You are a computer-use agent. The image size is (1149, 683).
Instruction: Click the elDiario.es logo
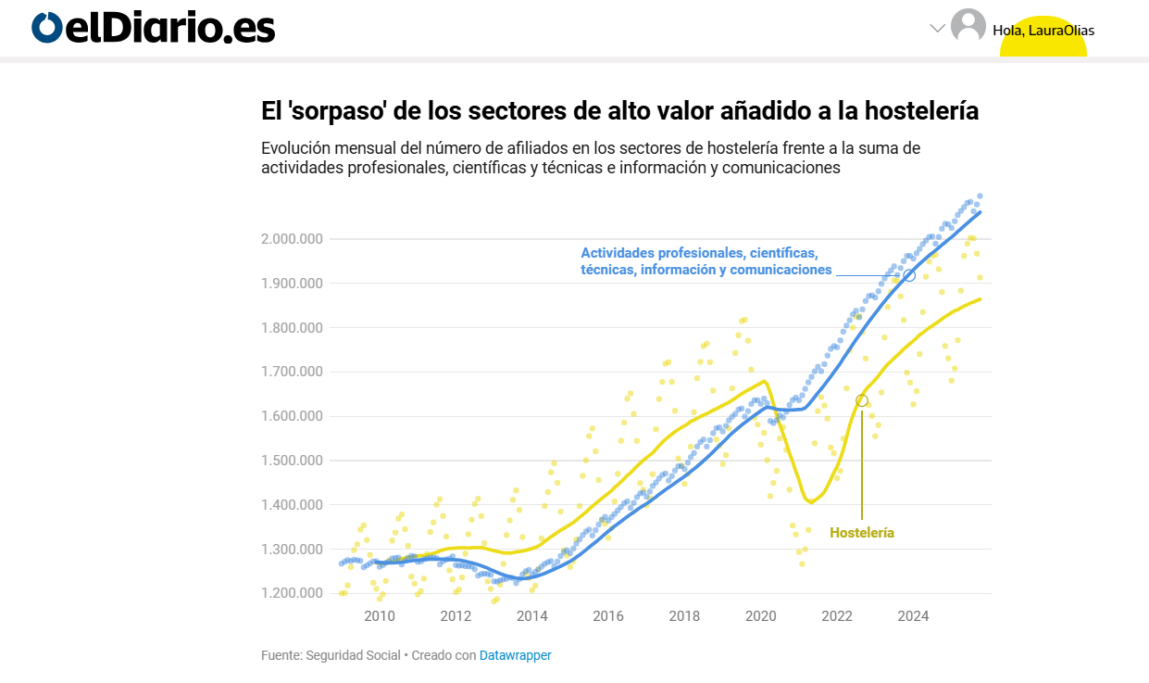pyautogui.click(x=154, y=28)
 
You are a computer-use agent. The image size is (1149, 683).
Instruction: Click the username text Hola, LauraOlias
pyautogui.click(x=1043, y=31)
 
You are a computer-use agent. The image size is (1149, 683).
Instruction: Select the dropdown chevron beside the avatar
pyautogui.click(x=937, y=28)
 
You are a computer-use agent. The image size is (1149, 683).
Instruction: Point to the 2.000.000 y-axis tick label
pyautogui.click(x=292, y=239)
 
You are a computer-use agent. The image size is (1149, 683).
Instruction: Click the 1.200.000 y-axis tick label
pyautogui.click(x=292, y=594)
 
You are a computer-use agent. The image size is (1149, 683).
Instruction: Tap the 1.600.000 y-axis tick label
pyautogui.click(x=292, y=416)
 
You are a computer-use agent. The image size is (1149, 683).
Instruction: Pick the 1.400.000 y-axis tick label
pyautogui.click(x=292, y=505)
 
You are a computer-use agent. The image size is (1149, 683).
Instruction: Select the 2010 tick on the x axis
pyautogui.click(x=380, y=616)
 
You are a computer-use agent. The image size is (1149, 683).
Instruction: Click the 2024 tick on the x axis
pyautogui.click(x=913, y=616)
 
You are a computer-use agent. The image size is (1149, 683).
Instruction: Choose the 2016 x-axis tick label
pyautogui.click(x=607, y=616)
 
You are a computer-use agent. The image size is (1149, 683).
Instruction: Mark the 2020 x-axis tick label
pyautogui.click(x=760, y=616)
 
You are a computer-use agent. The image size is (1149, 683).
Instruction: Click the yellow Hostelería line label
pyautogui.click(x=862, y=533)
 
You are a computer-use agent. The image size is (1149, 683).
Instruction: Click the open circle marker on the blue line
pyautogui.click(x=909, y=275)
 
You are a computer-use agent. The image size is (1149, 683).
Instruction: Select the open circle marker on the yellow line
pyautogui.click(x=862, y=400)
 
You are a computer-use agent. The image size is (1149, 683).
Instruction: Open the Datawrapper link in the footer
pyautogui.click(x=515, y=655)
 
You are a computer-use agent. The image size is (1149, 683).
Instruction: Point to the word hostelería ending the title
pyautogui.click(x=920, y=112)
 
